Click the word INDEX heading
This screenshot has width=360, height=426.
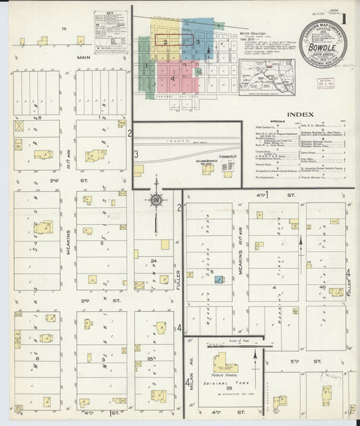tap(300, 115)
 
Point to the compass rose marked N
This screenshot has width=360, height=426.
tap(156, 199)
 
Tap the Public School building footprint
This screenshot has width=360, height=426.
tap(226, 365)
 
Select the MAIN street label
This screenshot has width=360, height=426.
tap(83, 57)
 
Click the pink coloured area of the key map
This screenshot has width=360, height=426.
tap(177, 77)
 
